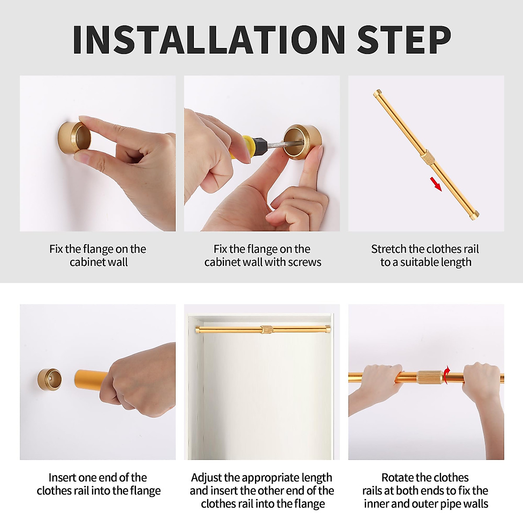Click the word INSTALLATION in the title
(x=209, y=40)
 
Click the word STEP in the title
(x=404, y=40)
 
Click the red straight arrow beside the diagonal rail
(x=435, y=184)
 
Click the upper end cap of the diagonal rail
(x=377, y=94)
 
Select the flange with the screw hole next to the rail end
(x=49, y=379)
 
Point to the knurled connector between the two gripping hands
(x=430, y=377)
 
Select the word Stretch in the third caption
(x=387, y=249)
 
